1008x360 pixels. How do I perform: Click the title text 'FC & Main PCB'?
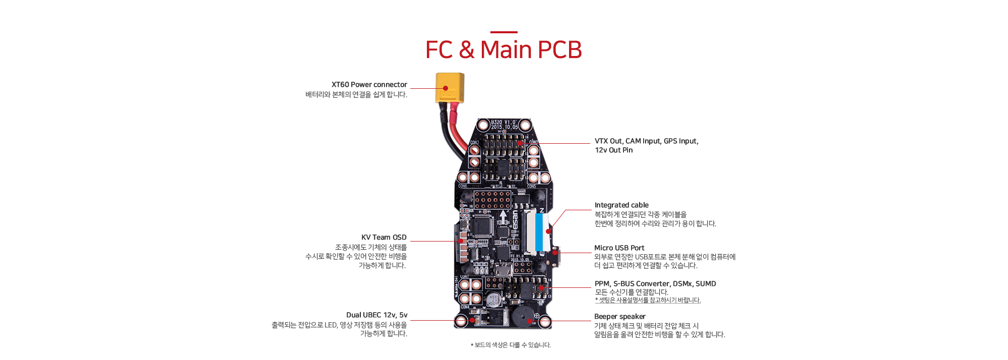pyautogui.click(x=503, y=49)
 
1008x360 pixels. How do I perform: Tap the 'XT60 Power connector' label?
pyautogui.click(x=369, y=85)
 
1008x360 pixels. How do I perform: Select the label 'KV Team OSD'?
pyautogui.click(x=384, y=237)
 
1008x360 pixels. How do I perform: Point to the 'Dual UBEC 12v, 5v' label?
pyautogui.click(x=376, y=315)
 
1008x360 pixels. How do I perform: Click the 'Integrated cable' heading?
pyautogui.click(x=621, y=205)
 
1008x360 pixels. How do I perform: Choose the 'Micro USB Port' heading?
pyautogui.click(x=619, y=248)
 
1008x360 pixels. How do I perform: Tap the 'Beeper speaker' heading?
pyautogui.click(x=619, y=317)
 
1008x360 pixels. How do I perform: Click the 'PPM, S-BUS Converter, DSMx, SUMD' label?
pyautogui.click(x=655, y=284)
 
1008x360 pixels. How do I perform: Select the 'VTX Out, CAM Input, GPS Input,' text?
pyautogui.click(x=646, y=141)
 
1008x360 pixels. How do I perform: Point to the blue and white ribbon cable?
pyautogui.click(x=539, y=232)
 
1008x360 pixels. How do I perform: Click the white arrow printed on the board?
pyautogui.click(x=503, y=216)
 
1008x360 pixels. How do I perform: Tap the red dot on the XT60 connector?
pyautogui.click(x=446, y=88)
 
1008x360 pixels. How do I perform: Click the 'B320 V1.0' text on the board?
pyautogui.click(x=503, y=122)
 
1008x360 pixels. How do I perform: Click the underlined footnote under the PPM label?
pyautogui.click(x=648, y=301)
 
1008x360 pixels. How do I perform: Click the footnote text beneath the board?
pyautogui.click(x=511, y=345)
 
